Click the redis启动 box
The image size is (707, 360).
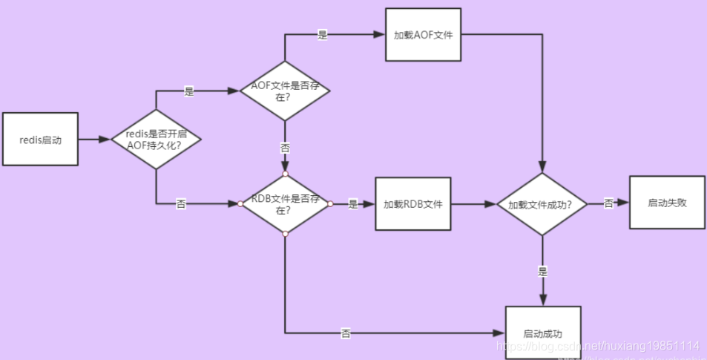click(x=40, y=139)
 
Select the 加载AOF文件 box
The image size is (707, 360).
click(x=423, y=35)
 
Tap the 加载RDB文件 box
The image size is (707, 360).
click(x=413, y=203)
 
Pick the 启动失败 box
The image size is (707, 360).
click(x=667, y=203)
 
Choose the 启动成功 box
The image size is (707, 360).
click(x=542, y=333)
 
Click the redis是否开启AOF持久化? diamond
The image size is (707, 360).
click(x=155, y=140)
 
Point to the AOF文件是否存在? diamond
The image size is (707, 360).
click(x=285, y=91)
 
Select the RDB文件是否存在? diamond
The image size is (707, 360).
click(x=285, y=203)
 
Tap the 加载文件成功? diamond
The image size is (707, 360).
click(x=543, y=204)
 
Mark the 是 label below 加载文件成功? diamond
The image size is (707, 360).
click(x=543, y=272)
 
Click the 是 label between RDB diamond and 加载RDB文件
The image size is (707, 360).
click(x=353, y=203)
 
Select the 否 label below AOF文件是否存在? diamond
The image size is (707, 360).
click(x=285, y=148)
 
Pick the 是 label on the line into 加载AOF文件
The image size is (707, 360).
click(x=322, y=35)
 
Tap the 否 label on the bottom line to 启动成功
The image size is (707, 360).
click(x=346, y=333)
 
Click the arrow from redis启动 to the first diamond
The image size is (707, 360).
click(x=93, y=139)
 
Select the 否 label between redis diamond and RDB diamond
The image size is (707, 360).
click(x=181, y=203)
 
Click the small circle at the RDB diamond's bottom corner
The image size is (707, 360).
click(x=285, y=234)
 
